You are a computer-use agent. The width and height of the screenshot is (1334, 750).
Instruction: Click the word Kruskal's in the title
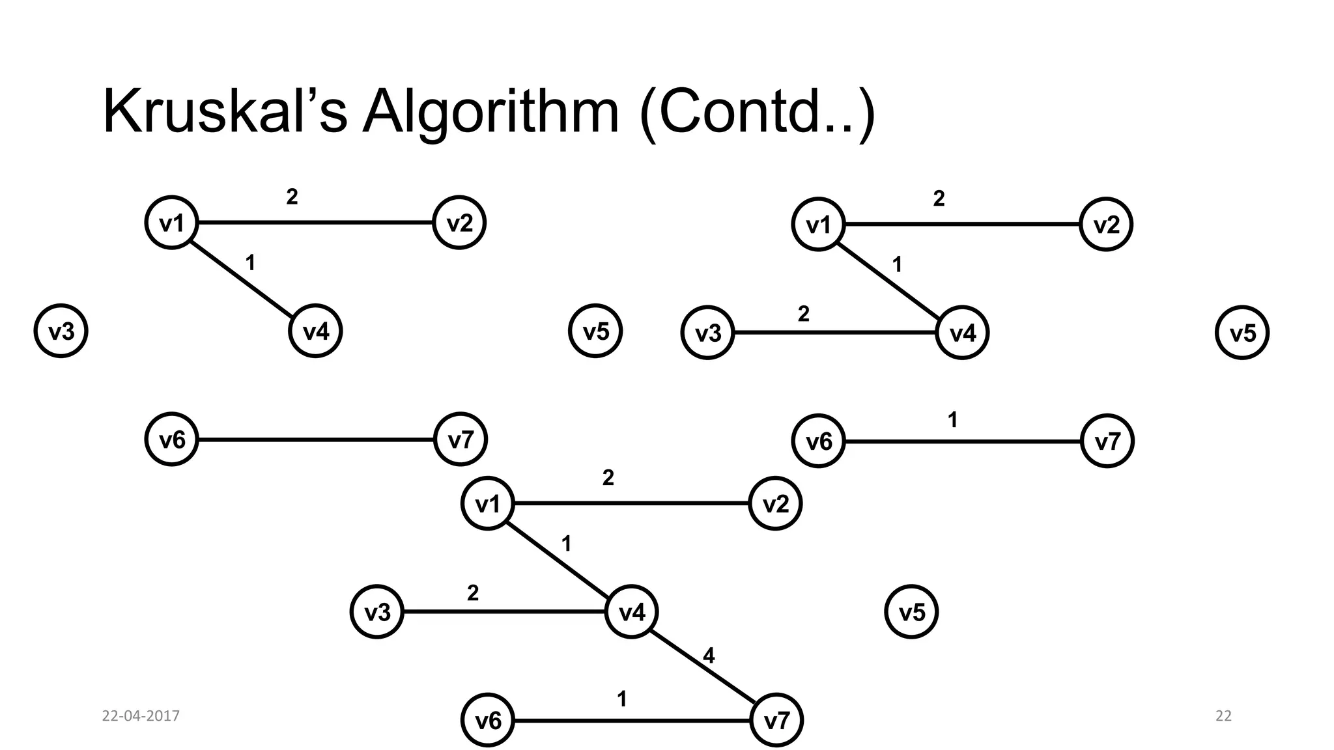(225, 112)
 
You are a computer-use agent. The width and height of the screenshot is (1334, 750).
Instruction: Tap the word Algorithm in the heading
(490, 112)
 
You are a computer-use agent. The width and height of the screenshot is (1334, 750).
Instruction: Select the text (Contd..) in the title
(757, 112)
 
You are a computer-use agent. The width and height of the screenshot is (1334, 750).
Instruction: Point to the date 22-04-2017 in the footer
(141, 716)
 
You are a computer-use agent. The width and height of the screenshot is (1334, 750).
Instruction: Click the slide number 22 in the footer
(1223, 716)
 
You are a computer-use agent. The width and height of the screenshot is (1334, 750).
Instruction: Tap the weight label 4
(709, 656)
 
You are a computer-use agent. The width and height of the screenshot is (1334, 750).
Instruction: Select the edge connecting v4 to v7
(703, 666)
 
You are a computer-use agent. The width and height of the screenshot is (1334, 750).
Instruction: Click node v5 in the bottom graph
(911, 612)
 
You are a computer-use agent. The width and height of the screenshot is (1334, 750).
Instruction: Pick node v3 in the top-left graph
(61, 332)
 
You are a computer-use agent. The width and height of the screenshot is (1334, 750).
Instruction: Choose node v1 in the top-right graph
(819, 225)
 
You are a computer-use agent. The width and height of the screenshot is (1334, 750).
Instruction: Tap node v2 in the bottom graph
(775, 504)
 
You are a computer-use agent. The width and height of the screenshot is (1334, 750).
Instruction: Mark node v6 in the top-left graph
(172, 440)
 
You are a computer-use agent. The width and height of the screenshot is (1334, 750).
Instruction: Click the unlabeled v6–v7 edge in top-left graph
(316, 440)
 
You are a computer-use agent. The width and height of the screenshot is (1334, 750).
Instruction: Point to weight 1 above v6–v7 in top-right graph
(952, 420)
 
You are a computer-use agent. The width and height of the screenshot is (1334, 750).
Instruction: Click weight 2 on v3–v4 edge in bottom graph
(473, 593)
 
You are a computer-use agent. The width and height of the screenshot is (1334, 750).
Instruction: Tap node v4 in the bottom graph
(631, 612)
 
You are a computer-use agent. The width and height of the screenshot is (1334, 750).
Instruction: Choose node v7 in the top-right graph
(1107, 442)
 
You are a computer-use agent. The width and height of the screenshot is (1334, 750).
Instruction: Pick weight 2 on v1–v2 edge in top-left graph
(292, 197)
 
